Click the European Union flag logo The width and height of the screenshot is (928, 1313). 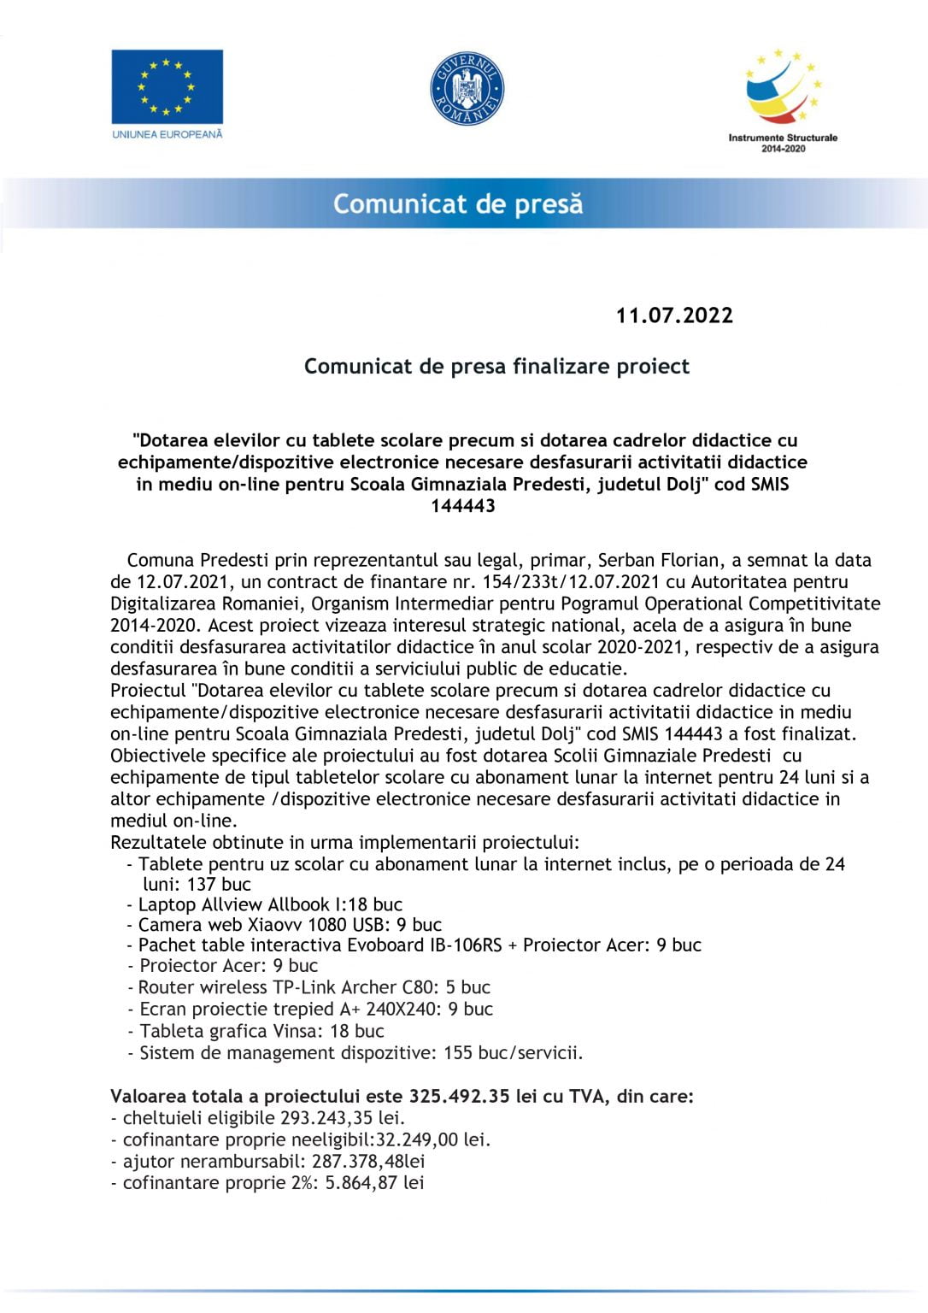tap(167, 86)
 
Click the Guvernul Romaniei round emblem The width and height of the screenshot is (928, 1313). tap(467, 88)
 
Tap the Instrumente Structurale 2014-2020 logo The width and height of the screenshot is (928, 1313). tap(782, 100)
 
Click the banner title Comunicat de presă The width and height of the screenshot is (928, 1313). tap(458, 204)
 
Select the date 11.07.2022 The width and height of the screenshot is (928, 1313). tap(674, 315)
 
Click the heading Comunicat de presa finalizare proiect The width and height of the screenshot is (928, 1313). tap(496, 367)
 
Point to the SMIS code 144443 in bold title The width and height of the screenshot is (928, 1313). tap(463, 505)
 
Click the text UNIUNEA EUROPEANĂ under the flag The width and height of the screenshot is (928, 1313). tap(167, 134)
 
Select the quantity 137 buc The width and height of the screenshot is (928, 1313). tap(219, 884)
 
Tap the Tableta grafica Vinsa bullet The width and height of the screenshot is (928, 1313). tap(261, 1031)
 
